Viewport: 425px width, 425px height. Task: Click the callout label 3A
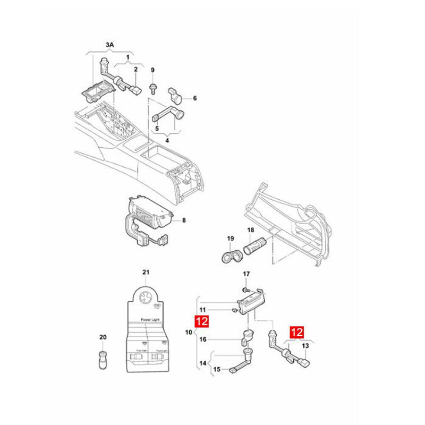point(109,46)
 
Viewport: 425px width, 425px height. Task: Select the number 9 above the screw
point(152,70)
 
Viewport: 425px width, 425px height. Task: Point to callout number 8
point(184,219)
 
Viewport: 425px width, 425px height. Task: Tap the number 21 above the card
point(146,273)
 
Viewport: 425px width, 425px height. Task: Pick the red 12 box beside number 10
point(202,321)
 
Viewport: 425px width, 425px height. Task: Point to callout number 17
point(246,274)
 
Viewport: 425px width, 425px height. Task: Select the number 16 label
point(203,339)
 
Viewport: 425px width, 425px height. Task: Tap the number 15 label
point(217,369)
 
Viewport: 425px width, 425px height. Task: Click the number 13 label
point(305,346)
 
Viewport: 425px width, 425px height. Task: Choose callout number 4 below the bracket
point(167,140)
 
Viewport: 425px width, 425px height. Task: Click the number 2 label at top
point(135,70)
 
